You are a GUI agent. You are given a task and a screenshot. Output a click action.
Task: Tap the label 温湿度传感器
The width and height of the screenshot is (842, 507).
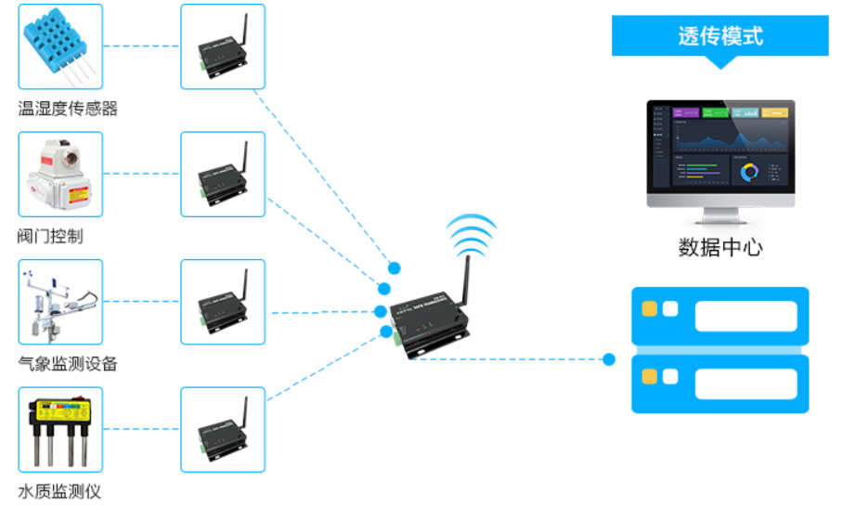tap(68, 109)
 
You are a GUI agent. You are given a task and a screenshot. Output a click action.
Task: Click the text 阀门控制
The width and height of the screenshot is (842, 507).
tap(50, 236)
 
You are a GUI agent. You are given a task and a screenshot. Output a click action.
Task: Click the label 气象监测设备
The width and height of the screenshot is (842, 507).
tap(68, 363)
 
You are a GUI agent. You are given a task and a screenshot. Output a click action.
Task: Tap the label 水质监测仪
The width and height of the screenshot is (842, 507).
tap(59, 491)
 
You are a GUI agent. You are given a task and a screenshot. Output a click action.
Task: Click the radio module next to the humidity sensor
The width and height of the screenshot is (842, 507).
tap(223, 47)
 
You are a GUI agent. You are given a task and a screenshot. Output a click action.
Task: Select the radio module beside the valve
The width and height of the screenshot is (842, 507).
tap(223, 175)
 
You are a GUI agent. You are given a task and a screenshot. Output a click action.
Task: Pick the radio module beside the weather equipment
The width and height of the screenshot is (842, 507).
tap(223, 303)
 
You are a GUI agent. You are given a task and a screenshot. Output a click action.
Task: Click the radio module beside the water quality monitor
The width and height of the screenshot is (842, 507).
tap(223, 430)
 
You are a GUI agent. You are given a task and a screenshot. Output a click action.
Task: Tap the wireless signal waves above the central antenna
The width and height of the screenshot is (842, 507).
tap(471, 233)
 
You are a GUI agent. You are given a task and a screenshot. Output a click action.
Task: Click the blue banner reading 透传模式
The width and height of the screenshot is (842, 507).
tap(719, 36)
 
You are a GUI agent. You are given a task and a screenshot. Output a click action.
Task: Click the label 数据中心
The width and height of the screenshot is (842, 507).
tap(720, 248)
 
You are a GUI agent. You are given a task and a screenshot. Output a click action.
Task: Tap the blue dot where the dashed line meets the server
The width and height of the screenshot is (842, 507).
tap(609, 359)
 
